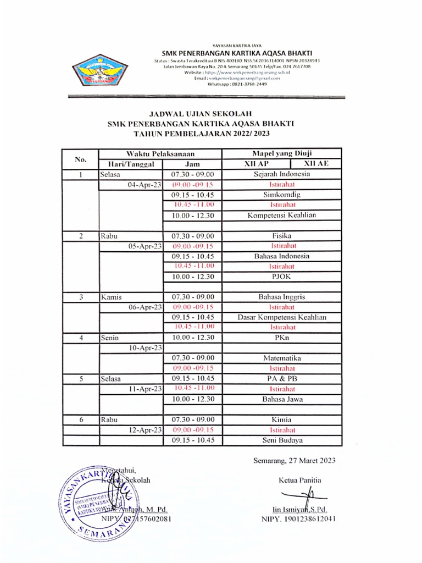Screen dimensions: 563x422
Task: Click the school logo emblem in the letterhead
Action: point(99,71)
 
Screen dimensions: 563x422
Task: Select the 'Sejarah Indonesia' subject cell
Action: point(281,174)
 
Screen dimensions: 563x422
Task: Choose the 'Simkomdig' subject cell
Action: point(281,195)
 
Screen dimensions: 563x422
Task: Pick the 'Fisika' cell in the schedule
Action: point(281,236)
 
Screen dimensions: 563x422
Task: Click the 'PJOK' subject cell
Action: point(281,277)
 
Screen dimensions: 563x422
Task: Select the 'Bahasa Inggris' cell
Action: point(281,297)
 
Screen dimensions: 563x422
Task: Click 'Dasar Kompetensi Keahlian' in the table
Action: point(281,317)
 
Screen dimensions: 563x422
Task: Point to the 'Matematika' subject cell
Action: point(281,358)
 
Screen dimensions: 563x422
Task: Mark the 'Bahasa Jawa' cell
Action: point(281,399)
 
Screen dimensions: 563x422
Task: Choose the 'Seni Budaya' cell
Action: point(281,440)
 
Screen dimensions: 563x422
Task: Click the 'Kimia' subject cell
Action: point(281,420)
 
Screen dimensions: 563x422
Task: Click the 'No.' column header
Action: point(80,159)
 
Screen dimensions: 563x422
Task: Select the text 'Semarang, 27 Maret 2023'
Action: point(294,461)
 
